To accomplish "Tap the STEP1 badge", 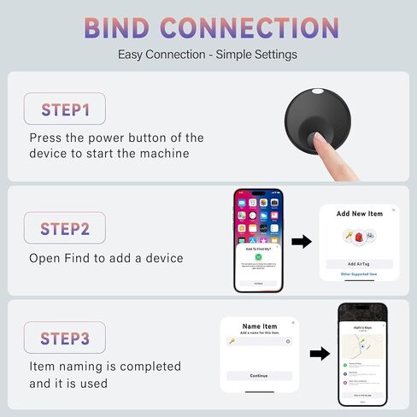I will pyautogui.click(x=65, y=109).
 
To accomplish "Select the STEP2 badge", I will pyautogui.click(x=65, y=228).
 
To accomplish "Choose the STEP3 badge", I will pyautogui.click(x=65, y=338).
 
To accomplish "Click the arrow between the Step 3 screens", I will pyautogui.click(x=319, y=353).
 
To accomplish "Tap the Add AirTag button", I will pyautogui.click(x=358, y=263).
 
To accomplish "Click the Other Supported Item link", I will pyautogui.click(x=358, y=274).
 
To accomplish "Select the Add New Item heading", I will pyautogui.click(x=358, y=213).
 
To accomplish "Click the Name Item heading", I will pyautogui.click(x=259, y=326).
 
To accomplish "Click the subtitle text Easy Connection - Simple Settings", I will pyautogui.click(x=208, y=55).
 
